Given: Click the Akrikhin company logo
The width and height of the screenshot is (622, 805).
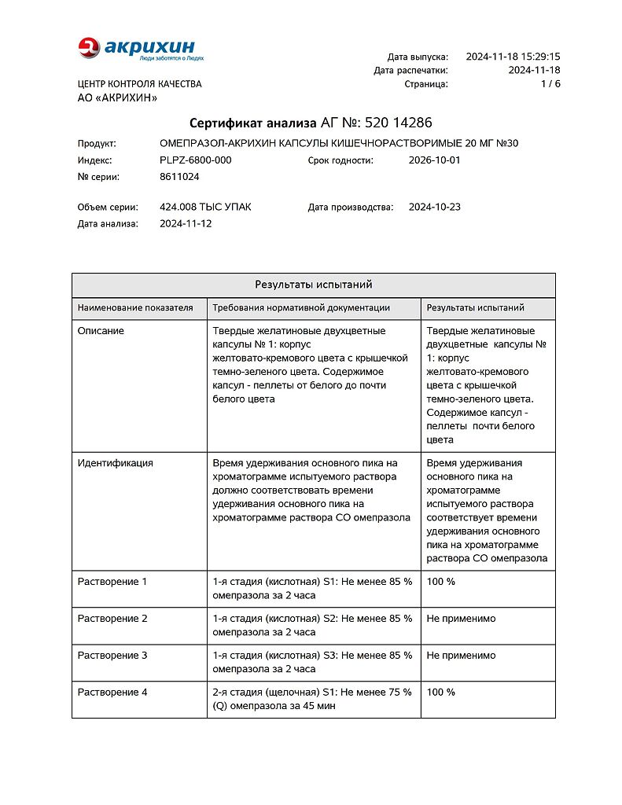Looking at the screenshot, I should tap(141, 49).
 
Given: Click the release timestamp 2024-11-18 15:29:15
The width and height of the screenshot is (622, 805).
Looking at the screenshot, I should tap(513, 57).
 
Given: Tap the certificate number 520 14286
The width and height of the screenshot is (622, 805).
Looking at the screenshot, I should tap(398, 123).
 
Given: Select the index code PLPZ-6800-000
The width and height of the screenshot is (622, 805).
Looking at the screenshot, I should tap(195, 160).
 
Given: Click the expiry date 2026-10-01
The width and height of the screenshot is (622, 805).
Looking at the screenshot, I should tap(435, 160).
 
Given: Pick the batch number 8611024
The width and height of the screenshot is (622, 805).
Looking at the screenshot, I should tap(179, 177).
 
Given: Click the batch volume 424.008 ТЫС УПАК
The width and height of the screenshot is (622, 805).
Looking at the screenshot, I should tap(205, 208).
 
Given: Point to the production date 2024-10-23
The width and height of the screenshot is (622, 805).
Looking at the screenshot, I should tap(435, 208).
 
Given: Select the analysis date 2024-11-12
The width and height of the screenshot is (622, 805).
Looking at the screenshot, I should tap(186, 223).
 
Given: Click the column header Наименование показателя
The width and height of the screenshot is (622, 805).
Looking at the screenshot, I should tap(135, 307).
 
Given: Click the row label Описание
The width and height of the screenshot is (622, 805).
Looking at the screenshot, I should tap(101, 331).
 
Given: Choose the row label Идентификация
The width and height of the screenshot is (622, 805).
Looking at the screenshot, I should tap(115, 463).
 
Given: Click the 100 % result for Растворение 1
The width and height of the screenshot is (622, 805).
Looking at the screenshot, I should tap(440, 582).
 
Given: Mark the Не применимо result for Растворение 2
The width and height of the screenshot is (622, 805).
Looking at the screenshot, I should tap(461, 619).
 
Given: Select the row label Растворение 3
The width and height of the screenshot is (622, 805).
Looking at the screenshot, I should tap(112, 656).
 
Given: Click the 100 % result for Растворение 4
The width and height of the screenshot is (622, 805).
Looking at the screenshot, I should tap(440, 693).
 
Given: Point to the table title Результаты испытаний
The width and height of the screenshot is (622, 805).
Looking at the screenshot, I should tap(313, 285).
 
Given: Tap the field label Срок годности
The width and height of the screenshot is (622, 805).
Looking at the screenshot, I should tap(340, 160).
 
